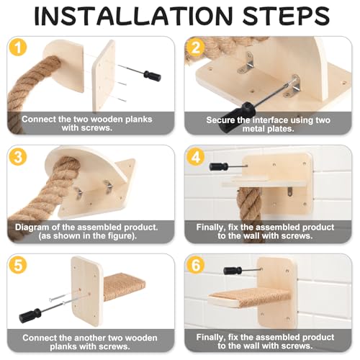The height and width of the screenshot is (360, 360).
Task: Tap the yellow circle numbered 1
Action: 18,47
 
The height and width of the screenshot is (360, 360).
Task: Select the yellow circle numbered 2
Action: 196,48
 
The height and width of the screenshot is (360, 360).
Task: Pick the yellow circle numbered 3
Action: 18,156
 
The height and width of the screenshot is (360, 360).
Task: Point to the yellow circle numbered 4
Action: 196,156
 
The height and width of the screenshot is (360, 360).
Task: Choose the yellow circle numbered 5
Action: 18,265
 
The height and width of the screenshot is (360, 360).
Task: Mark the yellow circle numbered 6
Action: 196,265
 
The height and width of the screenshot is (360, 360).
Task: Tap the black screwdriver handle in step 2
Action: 238,116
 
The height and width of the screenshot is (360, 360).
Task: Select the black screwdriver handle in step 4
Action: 218,166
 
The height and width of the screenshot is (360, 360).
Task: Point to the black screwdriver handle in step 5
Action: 30,315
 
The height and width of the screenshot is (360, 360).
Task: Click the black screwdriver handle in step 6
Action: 233,271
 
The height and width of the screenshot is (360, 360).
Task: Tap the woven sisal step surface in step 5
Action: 124,287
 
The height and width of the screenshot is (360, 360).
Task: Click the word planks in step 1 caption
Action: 139,120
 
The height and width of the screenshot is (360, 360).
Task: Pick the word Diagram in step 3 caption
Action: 30,228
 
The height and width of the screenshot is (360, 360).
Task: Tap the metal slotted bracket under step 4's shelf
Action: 291,192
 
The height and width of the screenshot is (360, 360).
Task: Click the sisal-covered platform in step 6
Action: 250,297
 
